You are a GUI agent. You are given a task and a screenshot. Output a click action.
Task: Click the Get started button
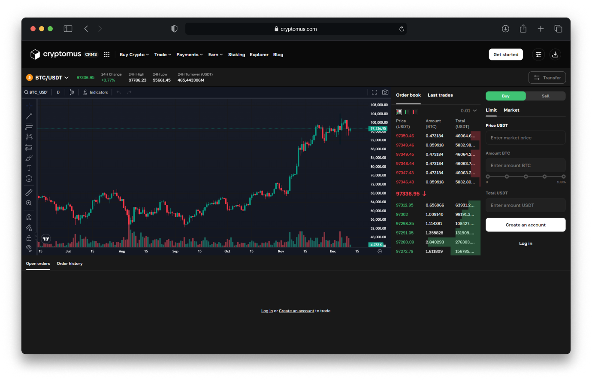[x=506, y=55]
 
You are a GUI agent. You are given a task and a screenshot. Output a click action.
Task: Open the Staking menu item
[x=236, y=55]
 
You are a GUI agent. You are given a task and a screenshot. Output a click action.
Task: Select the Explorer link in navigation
[x=259, y=55]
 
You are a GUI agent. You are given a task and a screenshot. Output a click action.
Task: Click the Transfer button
[x=547, y=78]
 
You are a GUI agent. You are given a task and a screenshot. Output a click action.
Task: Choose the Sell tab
[x=545, y=96]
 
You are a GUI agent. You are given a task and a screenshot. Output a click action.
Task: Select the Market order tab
[x=511, y=110]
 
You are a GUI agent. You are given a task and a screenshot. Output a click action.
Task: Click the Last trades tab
[x=440, y=95]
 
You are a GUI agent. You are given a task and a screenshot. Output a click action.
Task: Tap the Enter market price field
[x=525, y=138]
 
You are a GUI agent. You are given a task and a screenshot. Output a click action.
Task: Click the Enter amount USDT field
[x=525, y=205]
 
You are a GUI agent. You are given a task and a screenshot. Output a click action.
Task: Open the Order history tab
[x=69, y=264]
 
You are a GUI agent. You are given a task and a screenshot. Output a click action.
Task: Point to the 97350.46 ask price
[x=405, y=136]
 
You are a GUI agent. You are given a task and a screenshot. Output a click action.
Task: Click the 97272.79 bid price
[x=405, y=252]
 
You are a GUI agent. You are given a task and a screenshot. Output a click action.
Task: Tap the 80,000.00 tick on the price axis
[x=378, y=167]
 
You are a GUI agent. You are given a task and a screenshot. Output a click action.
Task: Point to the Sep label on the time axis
[x=175, y=251]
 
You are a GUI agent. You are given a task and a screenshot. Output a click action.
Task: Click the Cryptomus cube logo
[x=35, y=54]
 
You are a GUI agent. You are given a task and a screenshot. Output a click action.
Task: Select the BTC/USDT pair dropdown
[x=48, y=78]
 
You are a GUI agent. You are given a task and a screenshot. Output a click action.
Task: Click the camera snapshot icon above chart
[x=385, y=92]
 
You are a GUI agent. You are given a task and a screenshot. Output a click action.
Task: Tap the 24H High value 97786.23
[x=137, y=80]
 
